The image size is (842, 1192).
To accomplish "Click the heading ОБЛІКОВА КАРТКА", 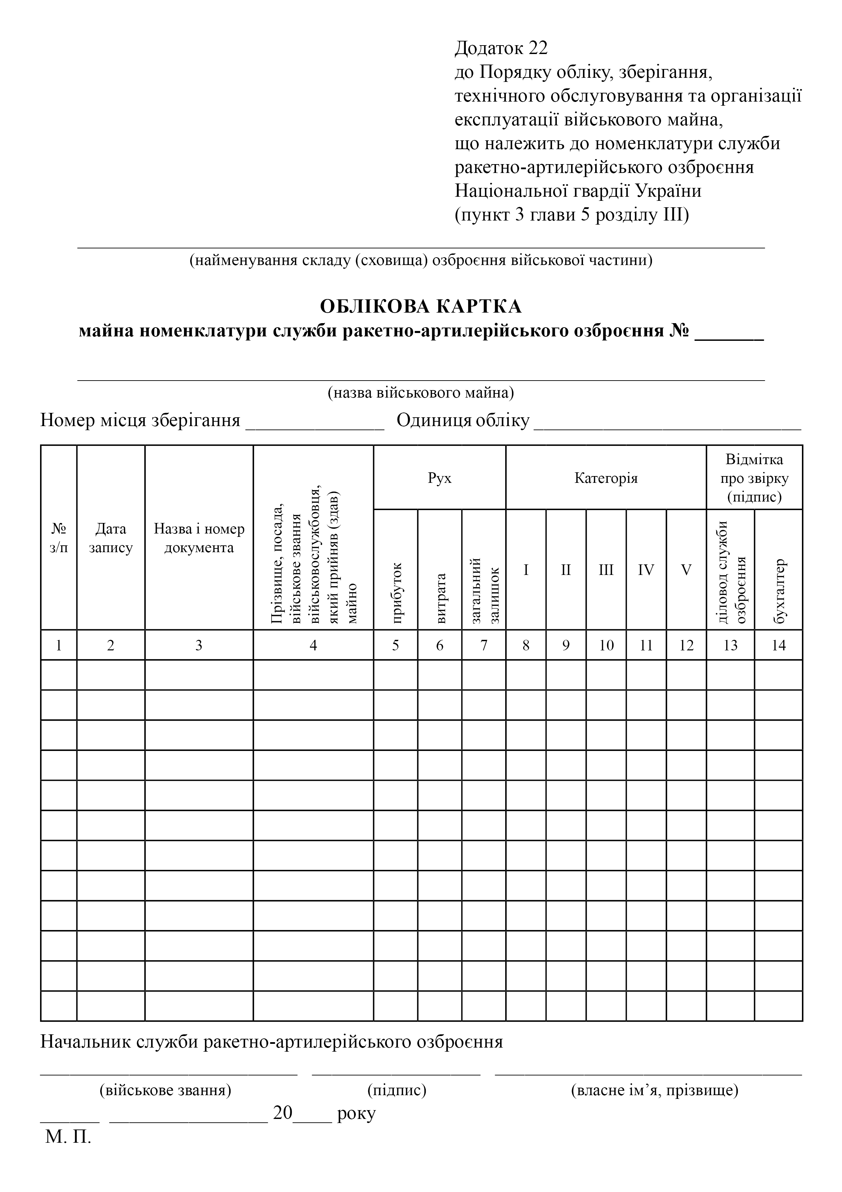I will click(421, 306).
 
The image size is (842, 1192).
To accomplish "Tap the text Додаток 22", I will click(501, 48).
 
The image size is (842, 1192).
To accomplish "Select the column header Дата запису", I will click(110, 538).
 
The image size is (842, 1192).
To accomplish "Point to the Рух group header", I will click(439, 478).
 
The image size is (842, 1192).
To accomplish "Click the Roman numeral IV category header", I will click(646, 570).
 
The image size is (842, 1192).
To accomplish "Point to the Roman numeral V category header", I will click(686, 570).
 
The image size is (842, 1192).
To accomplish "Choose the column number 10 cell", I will click(606, 645).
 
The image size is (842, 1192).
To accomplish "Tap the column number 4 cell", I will click(313, 645).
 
